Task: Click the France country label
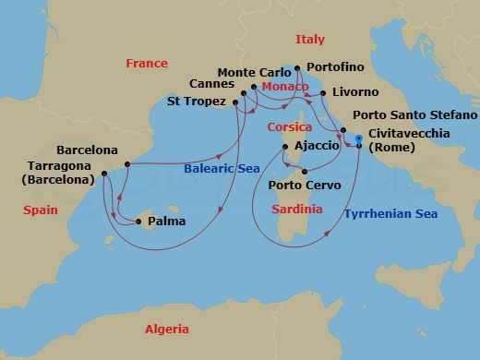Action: (148, 64)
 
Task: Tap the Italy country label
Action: (309, 40)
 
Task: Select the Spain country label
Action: (41, 210)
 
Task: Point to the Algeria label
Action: (166, 330)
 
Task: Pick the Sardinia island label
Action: (297, 210)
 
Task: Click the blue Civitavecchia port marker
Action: (358, 138)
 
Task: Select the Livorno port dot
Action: (323, 93)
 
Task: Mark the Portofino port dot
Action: (296, 68)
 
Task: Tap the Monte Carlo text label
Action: (247, 72)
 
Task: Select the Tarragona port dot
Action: (103, 173)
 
